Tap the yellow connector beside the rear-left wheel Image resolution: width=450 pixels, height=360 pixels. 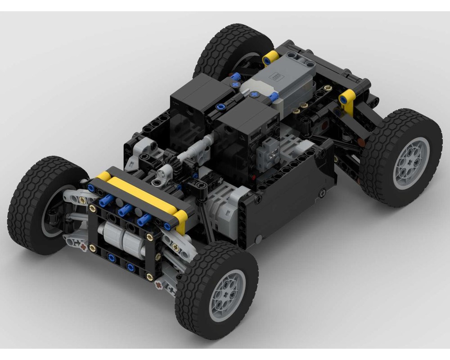270,57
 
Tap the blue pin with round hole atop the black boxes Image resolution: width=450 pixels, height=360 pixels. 220,107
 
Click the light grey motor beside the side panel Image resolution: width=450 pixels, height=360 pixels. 220,209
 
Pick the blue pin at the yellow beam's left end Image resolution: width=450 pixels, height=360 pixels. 93,188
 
